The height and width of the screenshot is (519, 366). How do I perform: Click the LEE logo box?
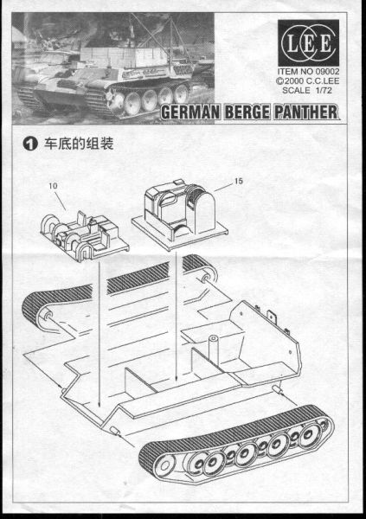point(308,43)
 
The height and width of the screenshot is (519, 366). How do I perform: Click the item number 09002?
point(327,71)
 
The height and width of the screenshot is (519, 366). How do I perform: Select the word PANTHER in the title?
point(306,112)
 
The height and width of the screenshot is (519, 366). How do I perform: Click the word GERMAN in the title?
point(190,112)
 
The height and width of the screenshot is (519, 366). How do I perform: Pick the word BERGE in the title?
point(247,112)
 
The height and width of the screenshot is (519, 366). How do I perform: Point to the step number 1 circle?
point(29,144)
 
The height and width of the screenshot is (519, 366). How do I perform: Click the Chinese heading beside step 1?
point(79,144)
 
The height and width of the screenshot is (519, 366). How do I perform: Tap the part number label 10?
point(53,186)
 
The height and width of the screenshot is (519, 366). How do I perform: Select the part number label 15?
point(239,181)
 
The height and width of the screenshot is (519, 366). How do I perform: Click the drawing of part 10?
point(85,235)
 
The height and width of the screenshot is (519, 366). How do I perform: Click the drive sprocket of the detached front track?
point(164,466)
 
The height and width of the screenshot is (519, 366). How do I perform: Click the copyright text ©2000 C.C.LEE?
point(308,80)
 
